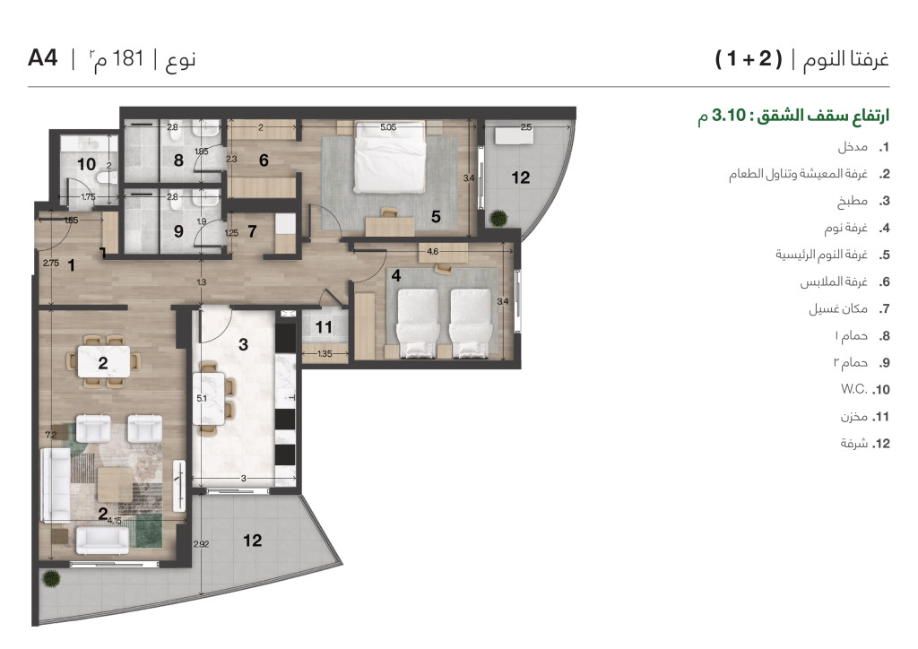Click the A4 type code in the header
click(x=43, y=58)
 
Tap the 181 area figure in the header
click(x=127, y=58)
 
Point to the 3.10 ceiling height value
click(x=728, y=116)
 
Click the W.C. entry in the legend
click(x=854, y=389)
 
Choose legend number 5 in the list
click(x=884, y=255)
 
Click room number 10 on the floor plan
click(x=86, y=164)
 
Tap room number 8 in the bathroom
click(x=178, y=160)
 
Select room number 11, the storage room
click(x=324, y=327)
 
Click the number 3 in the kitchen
click(x=244, y=345)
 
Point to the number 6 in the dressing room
click(x=264, y=160)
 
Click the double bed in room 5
click(x=389, y=156)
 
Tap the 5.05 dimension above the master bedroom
click(x=388, y=126)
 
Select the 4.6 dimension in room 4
click(x=432, y=252)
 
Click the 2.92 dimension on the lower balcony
click(x=201, y=543)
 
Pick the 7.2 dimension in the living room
click(x=51, y=435)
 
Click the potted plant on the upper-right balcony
click(x=498, y=219)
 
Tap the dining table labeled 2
click(x=104, y=361)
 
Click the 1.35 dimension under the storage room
click(x=325, y=353)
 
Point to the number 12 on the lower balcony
click(x=252, y=541)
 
